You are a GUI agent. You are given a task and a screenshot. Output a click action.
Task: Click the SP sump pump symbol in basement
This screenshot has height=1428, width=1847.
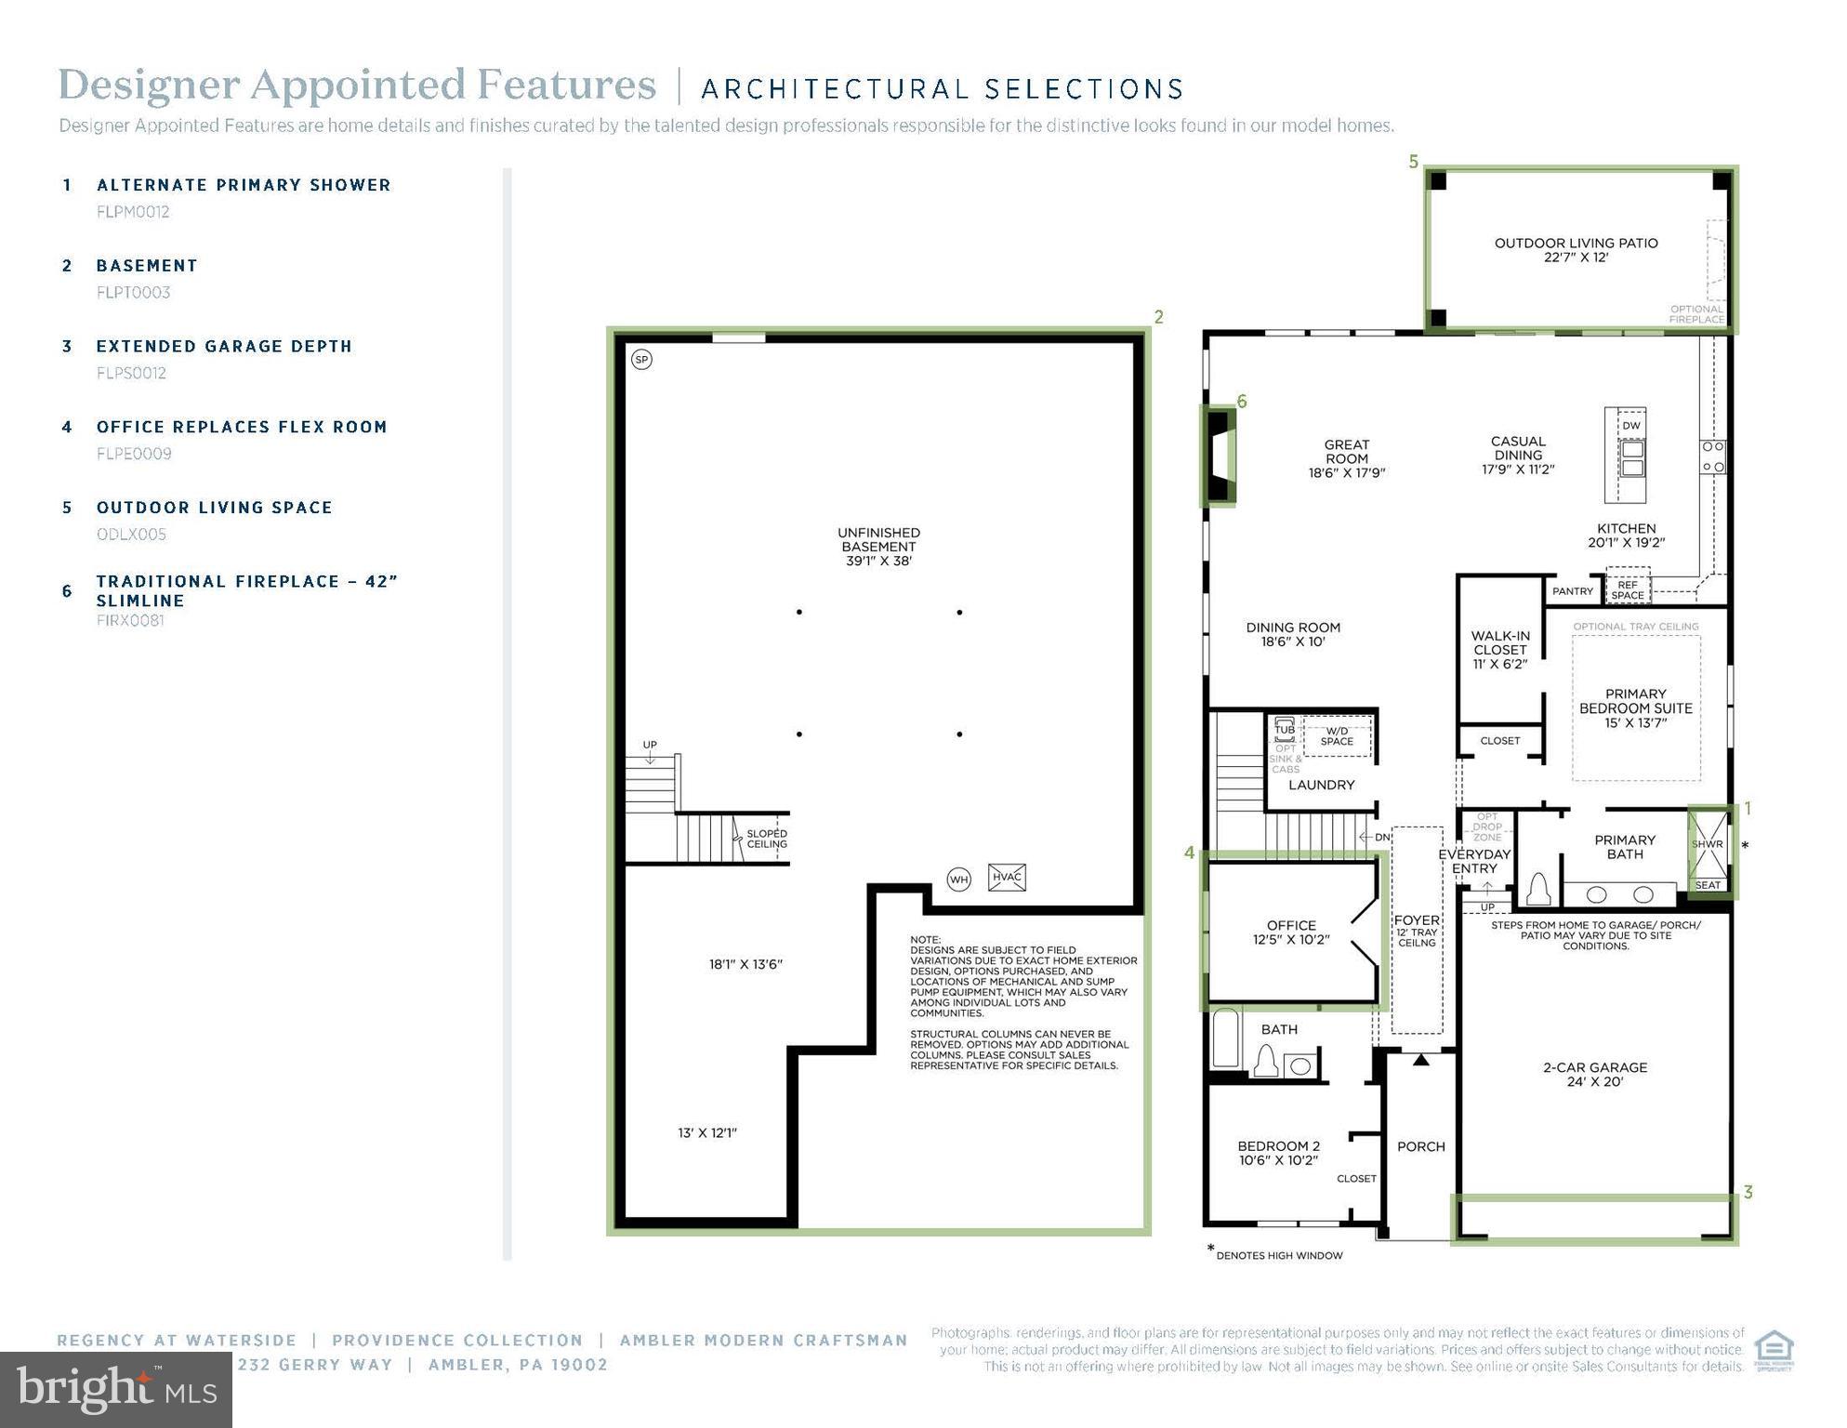(x=641, y=359)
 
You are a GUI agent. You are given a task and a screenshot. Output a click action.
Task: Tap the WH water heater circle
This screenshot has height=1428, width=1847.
(x=958, y=879)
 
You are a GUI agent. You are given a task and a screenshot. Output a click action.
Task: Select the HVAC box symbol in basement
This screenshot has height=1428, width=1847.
(x=1007, y=877)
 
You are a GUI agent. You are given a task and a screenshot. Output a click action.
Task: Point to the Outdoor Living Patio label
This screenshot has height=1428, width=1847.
(x=1576, y=249)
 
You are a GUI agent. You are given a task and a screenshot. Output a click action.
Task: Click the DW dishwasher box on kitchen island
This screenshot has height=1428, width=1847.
(x=1631, y=425)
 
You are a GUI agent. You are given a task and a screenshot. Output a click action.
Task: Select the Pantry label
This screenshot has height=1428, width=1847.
(x=1572, y=591)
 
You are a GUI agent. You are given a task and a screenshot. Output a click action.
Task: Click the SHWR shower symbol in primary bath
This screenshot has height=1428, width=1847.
(x=1708, y=843)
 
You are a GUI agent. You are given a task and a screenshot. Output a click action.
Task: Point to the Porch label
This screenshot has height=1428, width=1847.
(x=1420, y=1146)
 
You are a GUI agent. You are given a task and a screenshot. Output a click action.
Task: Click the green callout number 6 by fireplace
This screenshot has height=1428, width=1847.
(x=1241, y=402)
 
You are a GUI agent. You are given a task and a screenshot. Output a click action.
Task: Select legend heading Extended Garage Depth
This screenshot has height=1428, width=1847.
(x=224, y=346)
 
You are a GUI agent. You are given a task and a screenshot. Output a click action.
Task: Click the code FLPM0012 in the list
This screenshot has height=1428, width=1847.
(x=133, y=212)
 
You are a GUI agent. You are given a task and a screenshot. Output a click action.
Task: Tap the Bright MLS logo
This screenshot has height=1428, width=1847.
(x=116, y=1389)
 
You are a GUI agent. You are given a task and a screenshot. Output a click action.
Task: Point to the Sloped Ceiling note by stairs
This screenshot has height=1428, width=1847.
(x=767, y=839)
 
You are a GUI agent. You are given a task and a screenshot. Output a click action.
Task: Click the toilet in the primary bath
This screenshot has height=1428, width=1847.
(x=1539, y=889)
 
